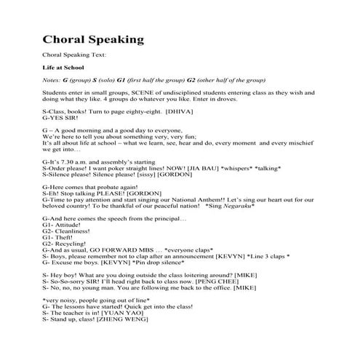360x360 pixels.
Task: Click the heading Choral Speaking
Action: coord(93,39)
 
